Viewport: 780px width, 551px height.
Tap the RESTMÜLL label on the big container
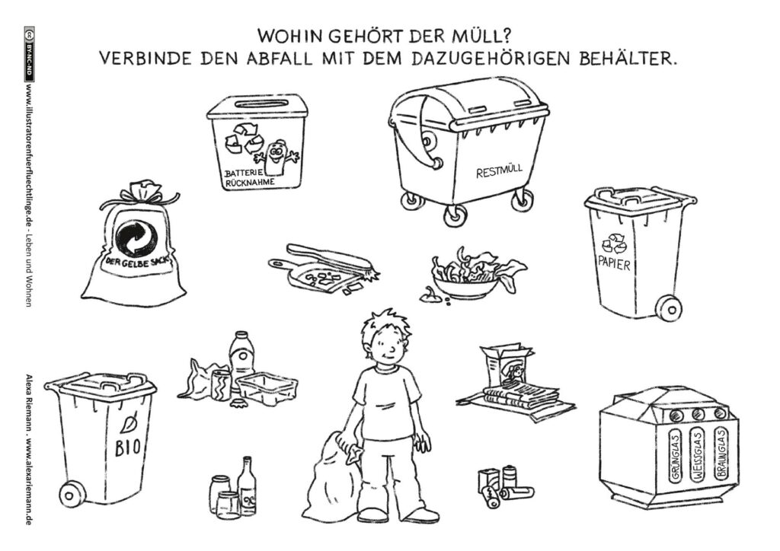(x=500, y=171)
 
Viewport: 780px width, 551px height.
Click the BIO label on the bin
(x=127, y=449)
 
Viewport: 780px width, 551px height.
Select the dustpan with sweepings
(x=322, y=269)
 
